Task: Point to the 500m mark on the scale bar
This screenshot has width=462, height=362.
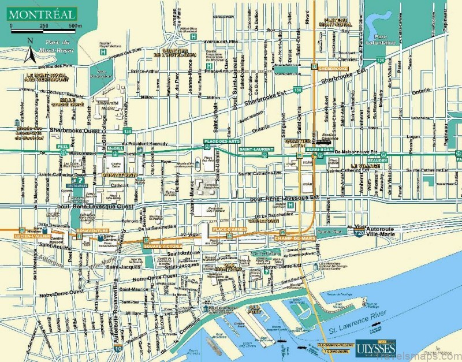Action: pyautogui.click(x=75, y=27)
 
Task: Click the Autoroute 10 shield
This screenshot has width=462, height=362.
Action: pyautogui.click(x=118, y=348)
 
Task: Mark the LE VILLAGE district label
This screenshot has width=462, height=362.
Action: pyautogui.click(x=367, y=166)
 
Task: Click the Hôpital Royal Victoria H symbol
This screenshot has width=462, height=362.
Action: pyautogui.click(x=103, y=51)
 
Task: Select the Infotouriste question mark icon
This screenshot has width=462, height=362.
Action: pyautogui.click(x=81, y=180)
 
